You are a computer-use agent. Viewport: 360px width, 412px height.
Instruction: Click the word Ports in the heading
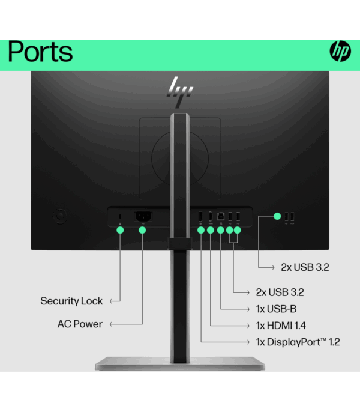tap(40, 53)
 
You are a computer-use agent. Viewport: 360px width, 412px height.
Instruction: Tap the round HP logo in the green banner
tap(340, 52)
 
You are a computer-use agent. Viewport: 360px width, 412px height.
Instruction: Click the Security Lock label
tap(71, 301)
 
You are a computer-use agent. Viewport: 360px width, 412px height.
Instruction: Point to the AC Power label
tap(80, 324)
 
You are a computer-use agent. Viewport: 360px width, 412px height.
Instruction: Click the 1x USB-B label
tap(277, 309)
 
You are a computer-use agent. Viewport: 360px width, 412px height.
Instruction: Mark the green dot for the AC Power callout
tap(142, 229)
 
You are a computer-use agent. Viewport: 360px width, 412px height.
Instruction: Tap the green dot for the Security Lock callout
tap(120, 229)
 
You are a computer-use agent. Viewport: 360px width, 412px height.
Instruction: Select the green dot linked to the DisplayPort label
tap(200, 229)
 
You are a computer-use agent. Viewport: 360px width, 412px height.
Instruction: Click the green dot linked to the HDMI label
tap(211, 229)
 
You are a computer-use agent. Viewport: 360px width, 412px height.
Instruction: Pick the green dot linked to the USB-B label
tap(221, 229)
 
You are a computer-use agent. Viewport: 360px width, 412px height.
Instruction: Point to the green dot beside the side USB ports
tap(277, 216)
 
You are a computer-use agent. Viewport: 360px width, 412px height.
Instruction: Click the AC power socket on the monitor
tap(142, 217)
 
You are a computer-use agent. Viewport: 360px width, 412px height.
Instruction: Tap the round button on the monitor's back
tap(59, 214)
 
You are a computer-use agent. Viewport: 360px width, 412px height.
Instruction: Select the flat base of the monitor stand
tap(179, 363)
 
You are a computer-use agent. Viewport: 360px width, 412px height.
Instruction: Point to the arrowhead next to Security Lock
tap(112, 301)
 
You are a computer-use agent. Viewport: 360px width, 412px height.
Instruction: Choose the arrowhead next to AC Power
tap(112, 324)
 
